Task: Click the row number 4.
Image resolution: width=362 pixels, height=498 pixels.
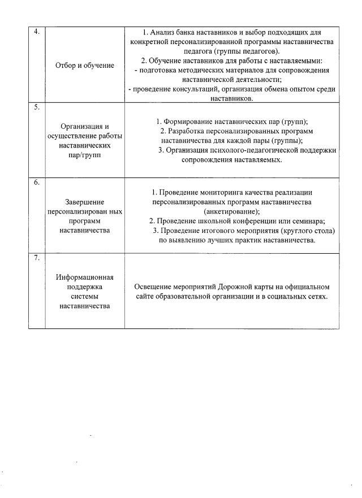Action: (x=36, y=32)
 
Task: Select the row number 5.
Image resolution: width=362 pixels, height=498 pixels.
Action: (x=36, y=107)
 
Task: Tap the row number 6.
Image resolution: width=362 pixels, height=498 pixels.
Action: (x=36, y=183)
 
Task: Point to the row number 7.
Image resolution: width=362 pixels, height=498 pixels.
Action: (x=36, y=258)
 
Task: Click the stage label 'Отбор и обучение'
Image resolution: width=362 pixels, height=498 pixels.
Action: (x=85, y=66)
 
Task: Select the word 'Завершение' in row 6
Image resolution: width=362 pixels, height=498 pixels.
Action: (x=85, y=201)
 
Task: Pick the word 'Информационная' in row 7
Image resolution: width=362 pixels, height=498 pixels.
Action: (x=85, y=277)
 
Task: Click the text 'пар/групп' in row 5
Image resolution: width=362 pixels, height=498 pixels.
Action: (x=85, y=155)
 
